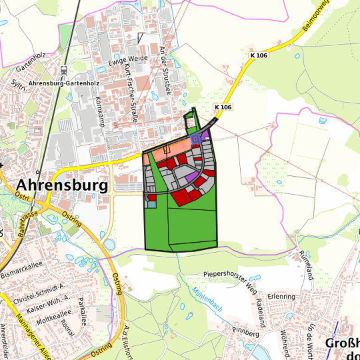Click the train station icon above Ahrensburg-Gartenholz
click(63, 69)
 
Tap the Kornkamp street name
click(101, 107)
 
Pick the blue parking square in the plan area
click(195, 139)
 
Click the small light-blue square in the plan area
click(151, 204)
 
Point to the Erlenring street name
click(281, 296)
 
